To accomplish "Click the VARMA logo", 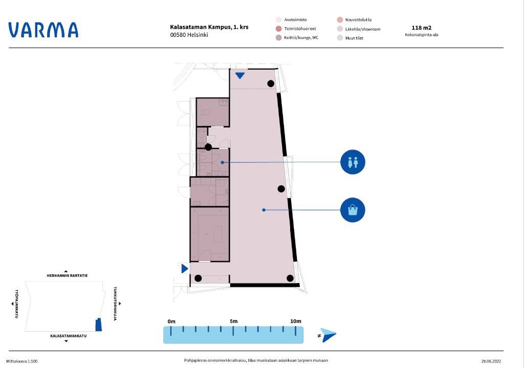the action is point(43,30).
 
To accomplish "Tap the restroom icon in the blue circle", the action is point(353,162).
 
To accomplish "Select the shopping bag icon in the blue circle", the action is point(353,210).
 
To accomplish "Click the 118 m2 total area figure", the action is point(422,28).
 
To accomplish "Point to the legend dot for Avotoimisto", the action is point(279,20).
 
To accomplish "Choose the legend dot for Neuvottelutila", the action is point(340,20).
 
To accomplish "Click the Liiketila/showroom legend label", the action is point(363,29).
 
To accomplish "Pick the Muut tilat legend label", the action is point(354,38).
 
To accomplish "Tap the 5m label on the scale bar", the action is point(233,321).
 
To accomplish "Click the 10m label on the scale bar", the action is point(295,321).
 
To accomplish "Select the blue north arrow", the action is point(328,335).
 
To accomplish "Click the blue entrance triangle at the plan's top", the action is point(239,76).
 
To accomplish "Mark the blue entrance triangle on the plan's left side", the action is point(185,268).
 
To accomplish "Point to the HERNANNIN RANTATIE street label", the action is point(67,276).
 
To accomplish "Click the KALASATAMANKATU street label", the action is point(68,336).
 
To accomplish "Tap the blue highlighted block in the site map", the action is point(99,324).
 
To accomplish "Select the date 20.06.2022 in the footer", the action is point(491,361).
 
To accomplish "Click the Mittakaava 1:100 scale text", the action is point(21,361).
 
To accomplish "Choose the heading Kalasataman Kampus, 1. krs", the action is point(209,27).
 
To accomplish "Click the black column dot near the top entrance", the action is point(271,83).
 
